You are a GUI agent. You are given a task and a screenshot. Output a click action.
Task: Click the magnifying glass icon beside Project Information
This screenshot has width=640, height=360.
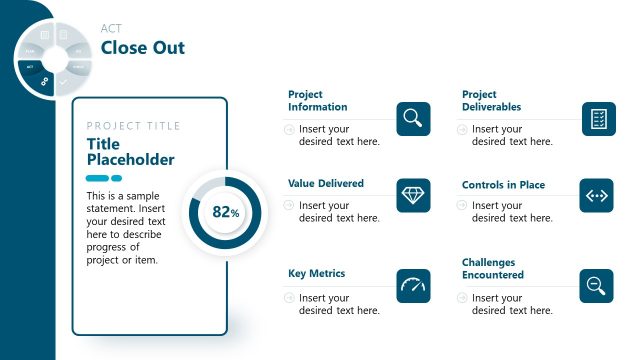[x=413, y=119]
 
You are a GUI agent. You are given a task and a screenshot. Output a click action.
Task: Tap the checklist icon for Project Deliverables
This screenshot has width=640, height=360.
[x=598, y=119]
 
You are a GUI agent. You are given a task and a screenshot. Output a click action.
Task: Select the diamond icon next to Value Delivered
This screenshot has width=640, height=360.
[x=413, y=195]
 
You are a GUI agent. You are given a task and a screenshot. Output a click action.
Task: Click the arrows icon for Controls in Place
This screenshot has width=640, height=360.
[x=598, y=195]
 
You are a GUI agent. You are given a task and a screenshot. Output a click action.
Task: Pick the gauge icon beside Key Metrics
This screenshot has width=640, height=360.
[x=413, y=286]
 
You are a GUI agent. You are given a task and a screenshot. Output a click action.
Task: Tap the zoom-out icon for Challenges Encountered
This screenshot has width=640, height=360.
[x=598, y=286]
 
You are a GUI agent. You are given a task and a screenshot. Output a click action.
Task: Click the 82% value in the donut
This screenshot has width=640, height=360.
[x=226, y=212]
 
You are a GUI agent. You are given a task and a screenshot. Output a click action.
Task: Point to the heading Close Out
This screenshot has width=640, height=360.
[x=143, y=48]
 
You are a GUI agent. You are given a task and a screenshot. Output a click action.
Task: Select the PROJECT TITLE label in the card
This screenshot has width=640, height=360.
[x=134, y=126]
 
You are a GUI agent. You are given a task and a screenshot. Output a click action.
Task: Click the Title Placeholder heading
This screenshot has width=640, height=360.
[x=130, y=152]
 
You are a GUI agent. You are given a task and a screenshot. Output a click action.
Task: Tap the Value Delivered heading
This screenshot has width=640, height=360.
[x=326, y=184]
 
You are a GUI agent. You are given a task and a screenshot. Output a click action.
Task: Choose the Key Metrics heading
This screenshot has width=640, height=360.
[x=316, y=273]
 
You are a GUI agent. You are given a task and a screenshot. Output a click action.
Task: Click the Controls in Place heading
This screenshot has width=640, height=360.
[x=503, y=185]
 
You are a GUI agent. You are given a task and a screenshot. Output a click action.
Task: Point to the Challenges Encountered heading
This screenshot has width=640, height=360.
[x=492, y=268]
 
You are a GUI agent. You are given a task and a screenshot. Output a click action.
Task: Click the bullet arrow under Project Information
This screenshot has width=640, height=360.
[x=290, y=129]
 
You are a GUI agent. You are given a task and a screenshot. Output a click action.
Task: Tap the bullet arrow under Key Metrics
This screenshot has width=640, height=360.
[x=290, y=298]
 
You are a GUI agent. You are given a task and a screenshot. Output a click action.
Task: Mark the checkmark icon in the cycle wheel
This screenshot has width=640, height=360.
[x=63, y=82]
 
